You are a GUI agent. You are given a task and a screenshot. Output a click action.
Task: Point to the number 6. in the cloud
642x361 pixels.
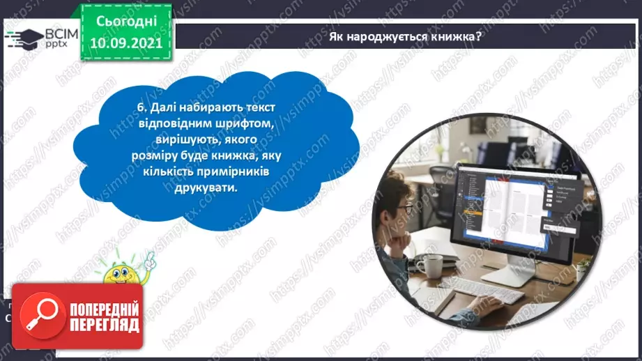tap(142, 108)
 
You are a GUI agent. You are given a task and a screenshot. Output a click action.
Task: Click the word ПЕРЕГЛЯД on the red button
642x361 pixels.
tap(104, 324)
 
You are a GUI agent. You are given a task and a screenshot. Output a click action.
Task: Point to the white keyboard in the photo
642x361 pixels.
tap(488, 291)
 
